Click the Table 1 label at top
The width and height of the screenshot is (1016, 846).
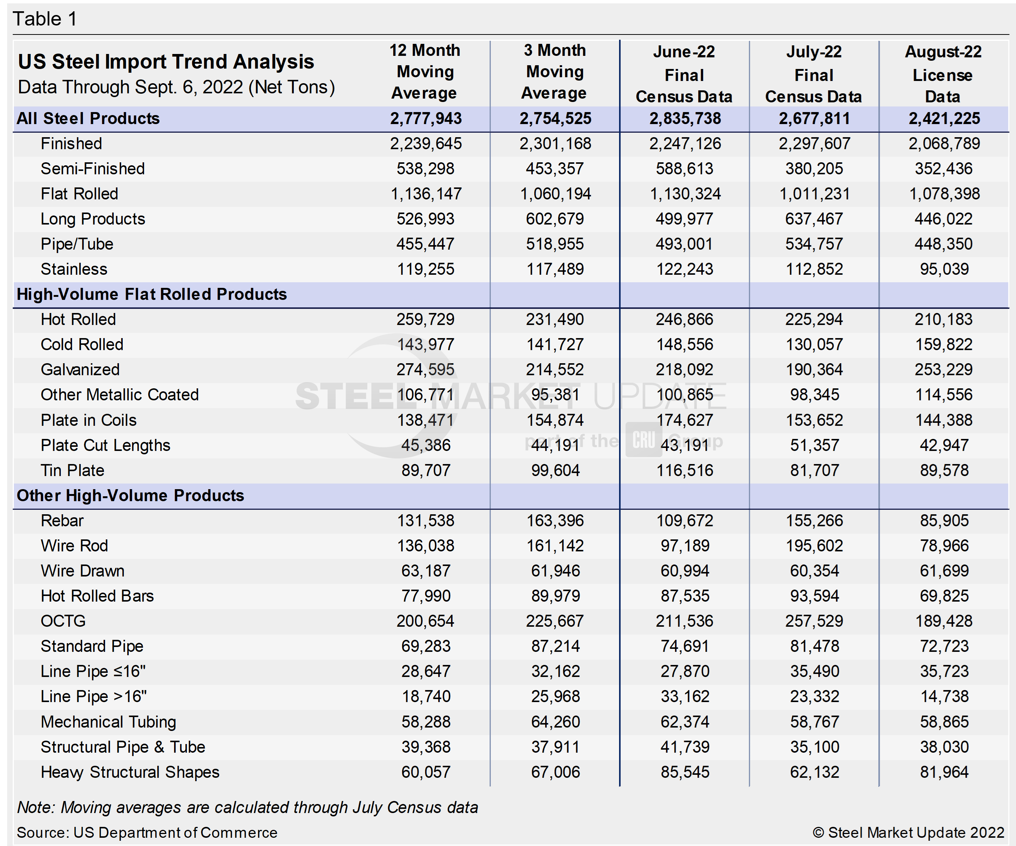[45, 19]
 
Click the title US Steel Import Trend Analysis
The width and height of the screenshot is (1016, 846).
[166, 62]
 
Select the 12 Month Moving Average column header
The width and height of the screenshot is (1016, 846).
[425, 72]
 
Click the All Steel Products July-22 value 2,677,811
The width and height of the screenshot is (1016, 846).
[814, 118]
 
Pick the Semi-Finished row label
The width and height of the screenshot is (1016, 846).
[92, 169]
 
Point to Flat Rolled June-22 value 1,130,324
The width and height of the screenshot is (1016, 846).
[685, 194]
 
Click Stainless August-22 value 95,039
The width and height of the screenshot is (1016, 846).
[944, 269]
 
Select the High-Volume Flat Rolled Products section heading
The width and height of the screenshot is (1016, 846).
[152, 294]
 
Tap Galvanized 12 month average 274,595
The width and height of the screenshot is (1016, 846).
[425, 370]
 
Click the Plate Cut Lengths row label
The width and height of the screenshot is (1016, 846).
[105, 445]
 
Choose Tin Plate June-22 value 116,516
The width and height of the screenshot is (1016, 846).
[685, 470]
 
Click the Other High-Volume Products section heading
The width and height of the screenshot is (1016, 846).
[130, 496]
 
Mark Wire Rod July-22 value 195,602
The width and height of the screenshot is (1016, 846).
[814, 546]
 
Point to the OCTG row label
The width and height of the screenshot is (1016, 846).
[63, 621]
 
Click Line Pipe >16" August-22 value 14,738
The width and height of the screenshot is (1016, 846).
[944, 696]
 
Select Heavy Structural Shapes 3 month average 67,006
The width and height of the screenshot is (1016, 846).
[555, 772]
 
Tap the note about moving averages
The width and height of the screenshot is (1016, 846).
[247, 807]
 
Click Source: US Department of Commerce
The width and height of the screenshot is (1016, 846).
[147, 833]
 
